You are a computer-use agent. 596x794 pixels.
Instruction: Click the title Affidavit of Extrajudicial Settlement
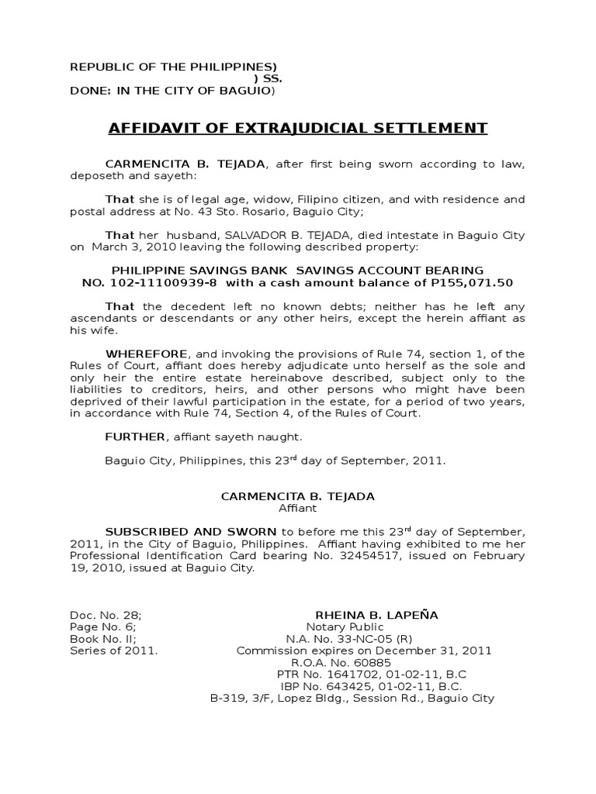(297, 128)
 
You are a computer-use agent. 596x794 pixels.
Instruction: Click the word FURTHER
(135, 437)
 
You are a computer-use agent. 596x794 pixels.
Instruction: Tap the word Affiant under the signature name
(298, 508)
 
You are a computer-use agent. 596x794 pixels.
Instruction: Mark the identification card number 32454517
(352, 555)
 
